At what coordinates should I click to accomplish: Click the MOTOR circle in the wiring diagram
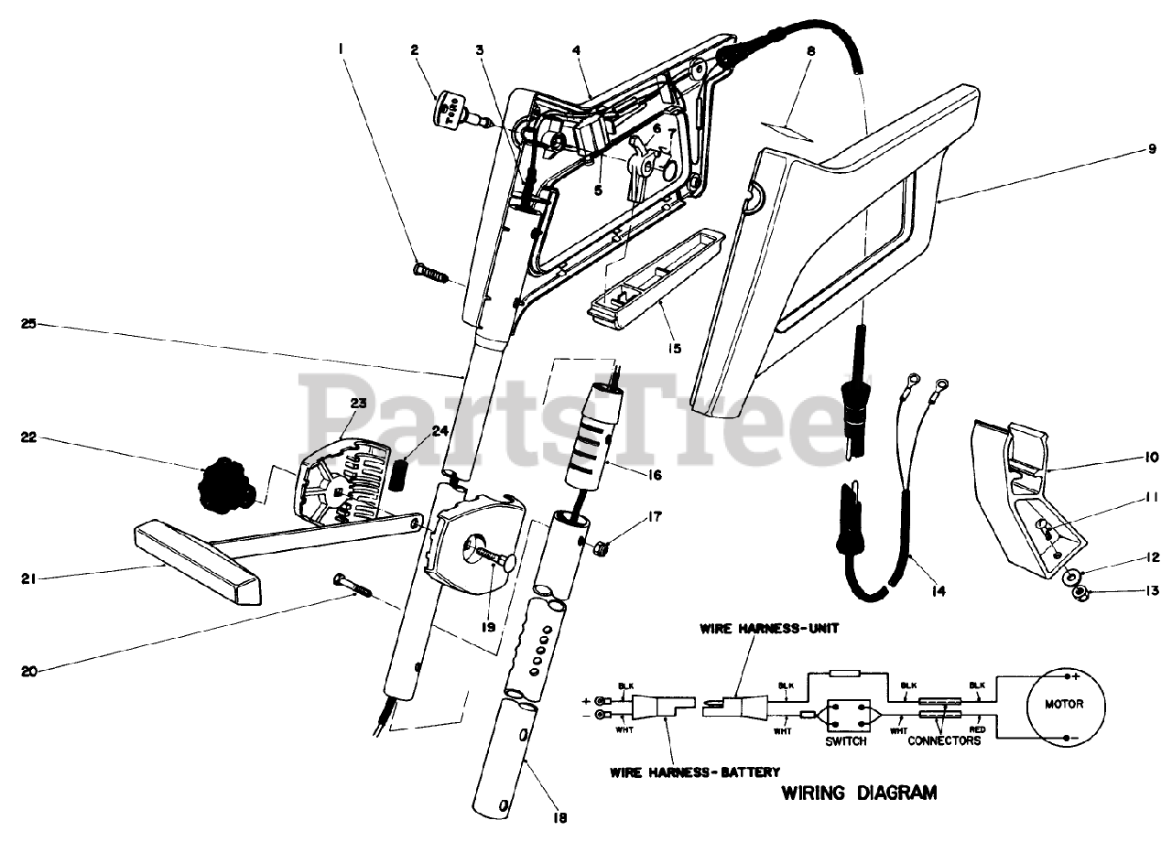pos(1063,706)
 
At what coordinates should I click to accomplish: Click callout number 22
pos(28,438)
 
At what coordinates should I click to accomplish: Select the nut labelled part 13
pos(1080,594)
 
